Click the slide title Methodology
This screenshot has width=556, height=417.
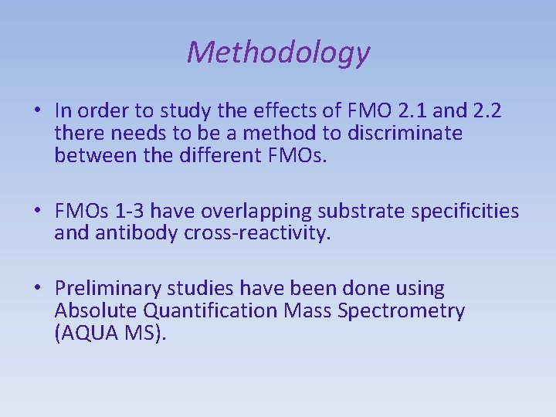[x=278, y=53]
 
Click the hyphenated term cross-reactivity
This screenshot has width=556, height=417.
[x=256, y=233]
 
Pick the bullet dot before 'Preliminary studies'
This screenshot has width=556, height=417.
[x=37, y=290]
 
